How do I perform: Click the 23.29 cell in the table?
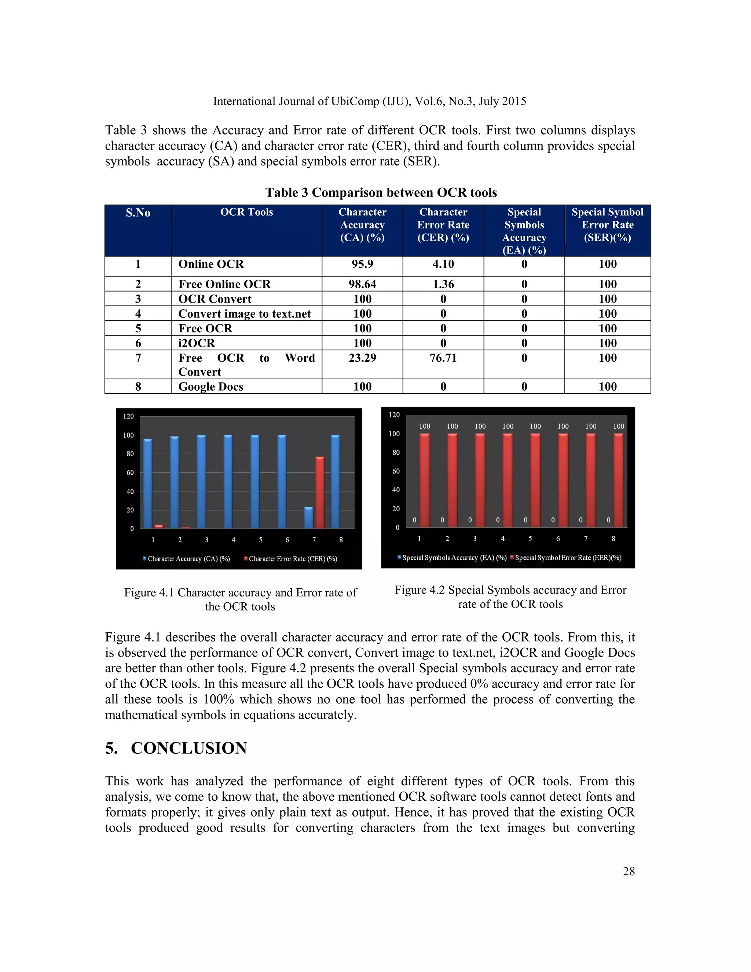pos(362,358)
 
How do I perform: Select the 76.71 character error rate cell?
pos(443,358)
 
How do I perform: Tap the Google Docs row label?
pos(211,387)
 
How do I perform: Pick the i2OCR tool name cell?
pos(197,343)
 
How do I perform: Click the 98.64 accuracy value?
pos(362,284)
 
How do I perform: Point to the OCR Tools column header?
pos(246,212)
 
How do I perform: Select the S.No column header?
pos(138,213)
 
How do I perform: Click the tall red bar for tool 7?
pos(319,493)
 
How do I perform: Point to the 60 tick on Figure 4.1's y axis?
pos(130,473)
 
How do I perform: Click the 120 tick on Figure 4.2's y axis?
pos(394,415)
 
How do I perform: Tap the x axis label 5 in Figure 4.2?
pos(530,538)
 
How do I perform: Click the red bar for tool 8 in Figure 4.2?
pos(618,480)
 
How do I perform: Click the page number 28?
pos(629,871)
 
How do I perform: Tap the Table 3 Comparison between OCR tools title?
pos(381,193)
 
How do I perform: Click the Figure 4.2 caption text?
pos(510,597)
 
